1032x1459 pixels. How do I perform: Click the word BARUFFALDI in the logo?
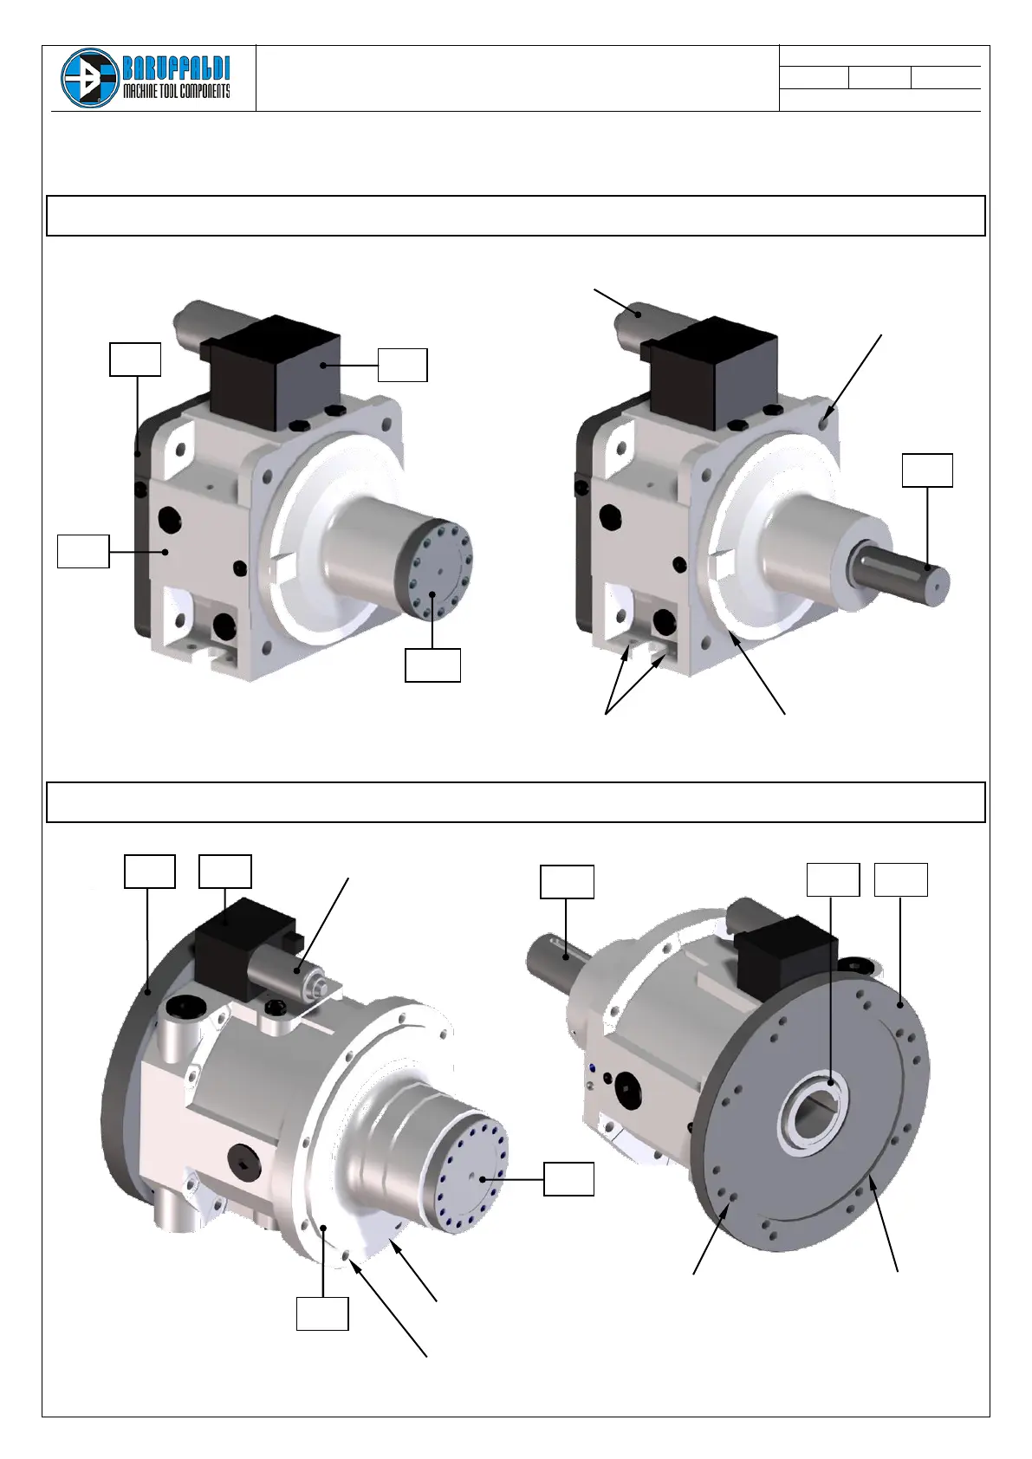coord(177,68)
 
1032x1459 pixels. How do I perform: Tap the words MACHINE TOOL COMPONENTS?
coord(177,91)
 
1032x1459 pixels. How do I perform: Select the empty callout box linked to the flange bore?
coord(833,880)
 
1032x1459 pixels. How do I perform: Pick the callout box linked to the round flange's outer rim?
coord(900,880)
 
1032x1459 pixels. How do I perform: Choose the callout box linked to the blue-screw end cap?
coord(568,1179)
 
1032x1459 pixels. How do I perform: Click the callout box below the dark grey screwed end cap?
coord(432,665)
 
